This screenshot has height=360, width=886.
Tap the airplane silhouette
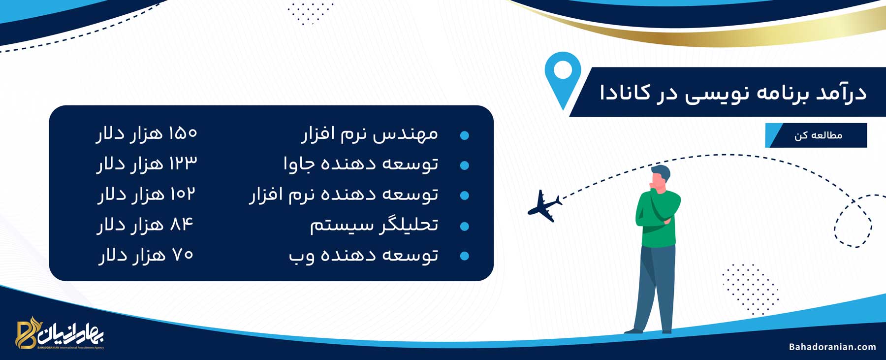(544, 205)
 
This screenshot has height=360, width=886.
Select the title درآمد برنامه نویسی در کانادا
(733, 93)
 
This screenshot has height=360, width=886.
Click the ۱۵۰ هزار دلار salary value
(147, 133)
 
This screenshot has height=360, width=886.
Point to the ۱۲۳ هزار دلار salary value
(147, 164)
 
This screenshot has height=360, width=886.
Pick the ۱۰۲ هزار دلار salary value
(147, 194)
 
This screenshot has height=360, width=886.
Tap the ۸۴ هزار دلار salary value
(146, 225)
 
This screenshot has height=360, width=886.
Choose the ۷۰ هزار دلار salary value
(146, 255)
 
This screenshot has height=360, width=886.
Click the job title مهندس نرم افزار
(370, 134)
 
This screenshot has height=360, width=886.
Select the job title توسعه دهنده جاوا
(361, 164)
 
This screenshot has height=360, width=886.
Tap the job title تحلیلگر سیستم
(374, 225)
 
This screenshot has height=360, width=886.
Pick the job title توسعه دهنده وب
(363, 256)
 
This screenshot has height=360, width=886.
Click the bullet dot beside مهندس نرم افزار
(464, 135)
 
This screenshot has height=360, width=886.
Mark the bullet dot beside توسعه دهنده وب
(464, 256)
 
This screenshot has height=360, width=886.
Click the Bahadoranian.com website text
(832, 347)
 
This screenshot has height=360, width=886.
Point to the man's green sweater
(656, 218)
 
